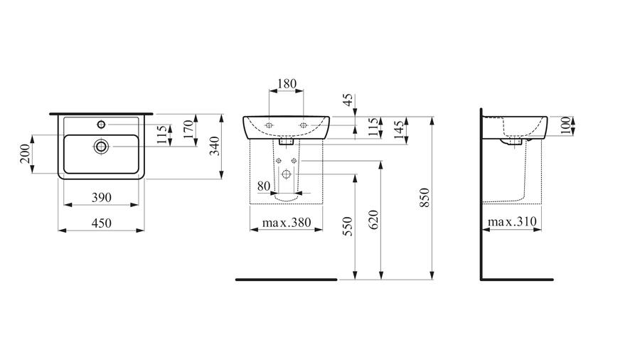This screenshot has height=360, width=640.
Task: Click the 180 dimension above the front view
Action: coord(287,84)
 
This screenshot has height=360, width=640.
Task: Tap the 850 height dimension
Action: coord(425,198)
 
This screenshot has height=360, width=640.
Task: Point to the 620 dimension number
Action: coord(373,220)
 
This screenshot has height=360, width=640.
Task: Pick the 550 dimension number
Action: coord(347,226)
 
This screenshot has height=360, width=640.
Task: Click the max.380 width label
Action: coord(287,223)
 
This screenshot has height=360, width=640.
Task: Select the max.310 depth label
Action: coord(512,222)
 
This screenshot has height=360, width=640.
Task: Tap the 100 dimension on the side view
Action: coord(565,125)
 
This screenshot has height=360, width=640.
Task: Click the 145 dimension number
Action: coord(399,129)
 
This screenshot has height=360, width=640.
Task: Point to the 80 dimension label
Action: coord(264,186)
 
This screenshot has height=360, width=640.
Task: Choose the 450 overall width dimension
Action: coord(101,223)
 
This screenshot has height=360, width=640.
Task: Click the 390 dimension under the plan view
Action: coord(101,198)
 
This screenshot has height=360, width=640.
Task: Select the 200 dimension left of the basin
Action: coord(26,154)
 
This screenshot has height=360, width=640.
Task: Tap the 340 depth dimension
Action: coord(214,146)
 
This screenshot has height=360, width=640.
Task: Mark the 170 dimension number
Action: coord(188,129)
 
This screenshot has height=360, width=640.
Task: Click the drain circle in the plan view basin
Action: coord(101,146)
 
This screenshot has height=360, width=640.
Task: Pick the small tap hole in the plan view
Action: coord(101,124)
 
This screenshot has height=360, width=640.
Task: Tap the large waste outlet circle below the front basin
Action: coord(286,174)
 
